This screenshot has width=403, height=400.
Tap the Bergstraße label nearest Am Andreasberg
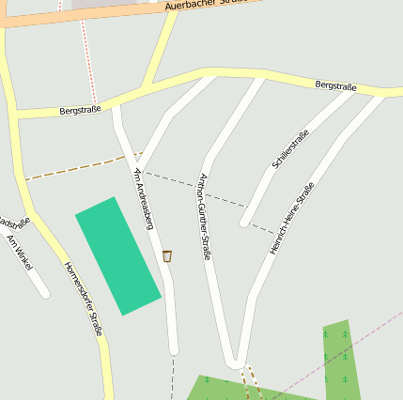point(81,110)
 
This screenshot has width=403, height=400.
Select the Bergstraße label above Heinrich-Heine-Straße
point(335,86)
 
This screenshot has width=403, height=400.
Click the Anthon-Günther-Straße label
point(205,216)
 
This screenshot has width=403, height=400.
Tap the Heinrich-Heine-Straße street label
point(291,218)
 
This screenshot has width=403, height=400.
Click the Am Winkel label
point(19,253)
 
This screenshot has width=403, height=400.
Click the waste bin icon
point(167,255)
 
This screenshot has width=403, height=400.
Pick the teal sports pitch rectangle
point(117,255)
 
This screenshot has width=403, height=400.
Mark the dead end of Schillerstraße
point(244,223)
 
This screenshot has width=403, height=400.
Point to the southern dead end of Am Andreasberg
point(174,351)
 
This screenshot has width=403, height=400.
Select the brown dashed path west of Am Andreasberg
point(75,168)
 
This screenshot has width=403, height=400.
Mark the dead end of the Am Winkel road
point(44,294)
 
